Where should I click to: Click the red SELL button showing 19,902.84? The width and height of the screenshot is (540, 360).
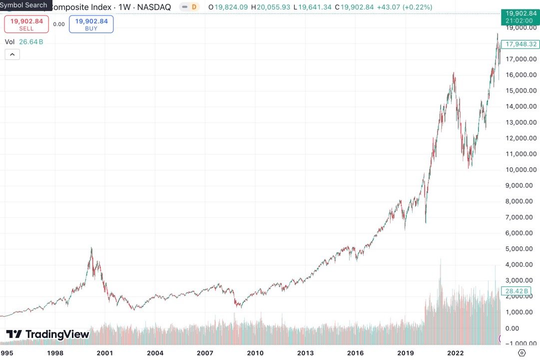click(26, 24)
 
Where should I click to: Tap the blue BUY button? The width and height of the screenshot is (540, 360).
click(91, 24)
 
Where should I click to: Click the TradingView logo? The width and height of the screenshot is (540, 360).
click(47, 334)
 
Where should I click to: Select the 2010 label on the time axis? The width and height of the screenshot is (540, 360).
click(255, 353)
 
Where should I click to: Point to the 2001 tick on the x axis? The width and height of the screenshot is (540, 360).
click(105, 353)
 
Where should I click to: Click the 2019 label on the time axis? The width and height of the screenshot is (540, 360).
click(405, 353)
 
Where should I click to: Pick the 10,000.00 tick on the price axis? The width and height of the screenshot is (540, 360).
click(522, 169)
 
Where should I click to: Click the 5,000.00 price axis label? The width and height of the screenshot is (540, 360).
click(522, 249)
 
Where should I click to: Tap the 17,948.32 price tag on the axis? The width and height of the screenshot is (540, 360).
click(521, 44)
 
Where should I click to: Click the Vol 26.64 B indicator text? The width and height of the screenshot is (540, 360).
click(24, 42)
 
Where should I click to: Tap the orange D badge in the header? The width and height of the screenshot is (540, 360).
click(194, 7)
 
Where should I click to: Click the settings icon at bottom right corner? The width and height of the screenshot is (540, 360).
click(522, 353)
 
